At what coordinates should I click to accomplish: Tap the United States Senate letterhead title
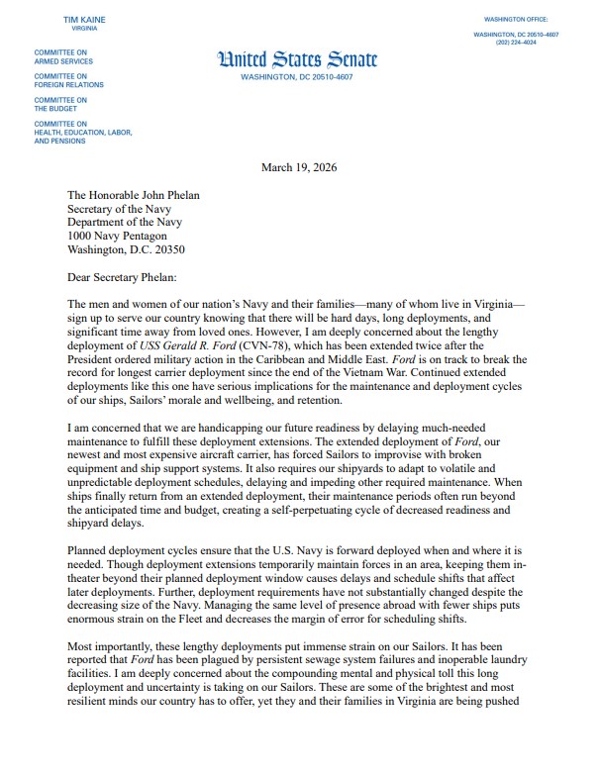(297, 59)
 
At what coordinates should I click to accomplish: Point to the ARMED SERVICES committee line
(64, 60)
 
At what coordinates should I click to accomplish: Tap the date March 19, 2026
(299, 167)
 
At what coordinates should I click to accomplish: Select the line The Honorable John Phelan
(133, 195)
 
